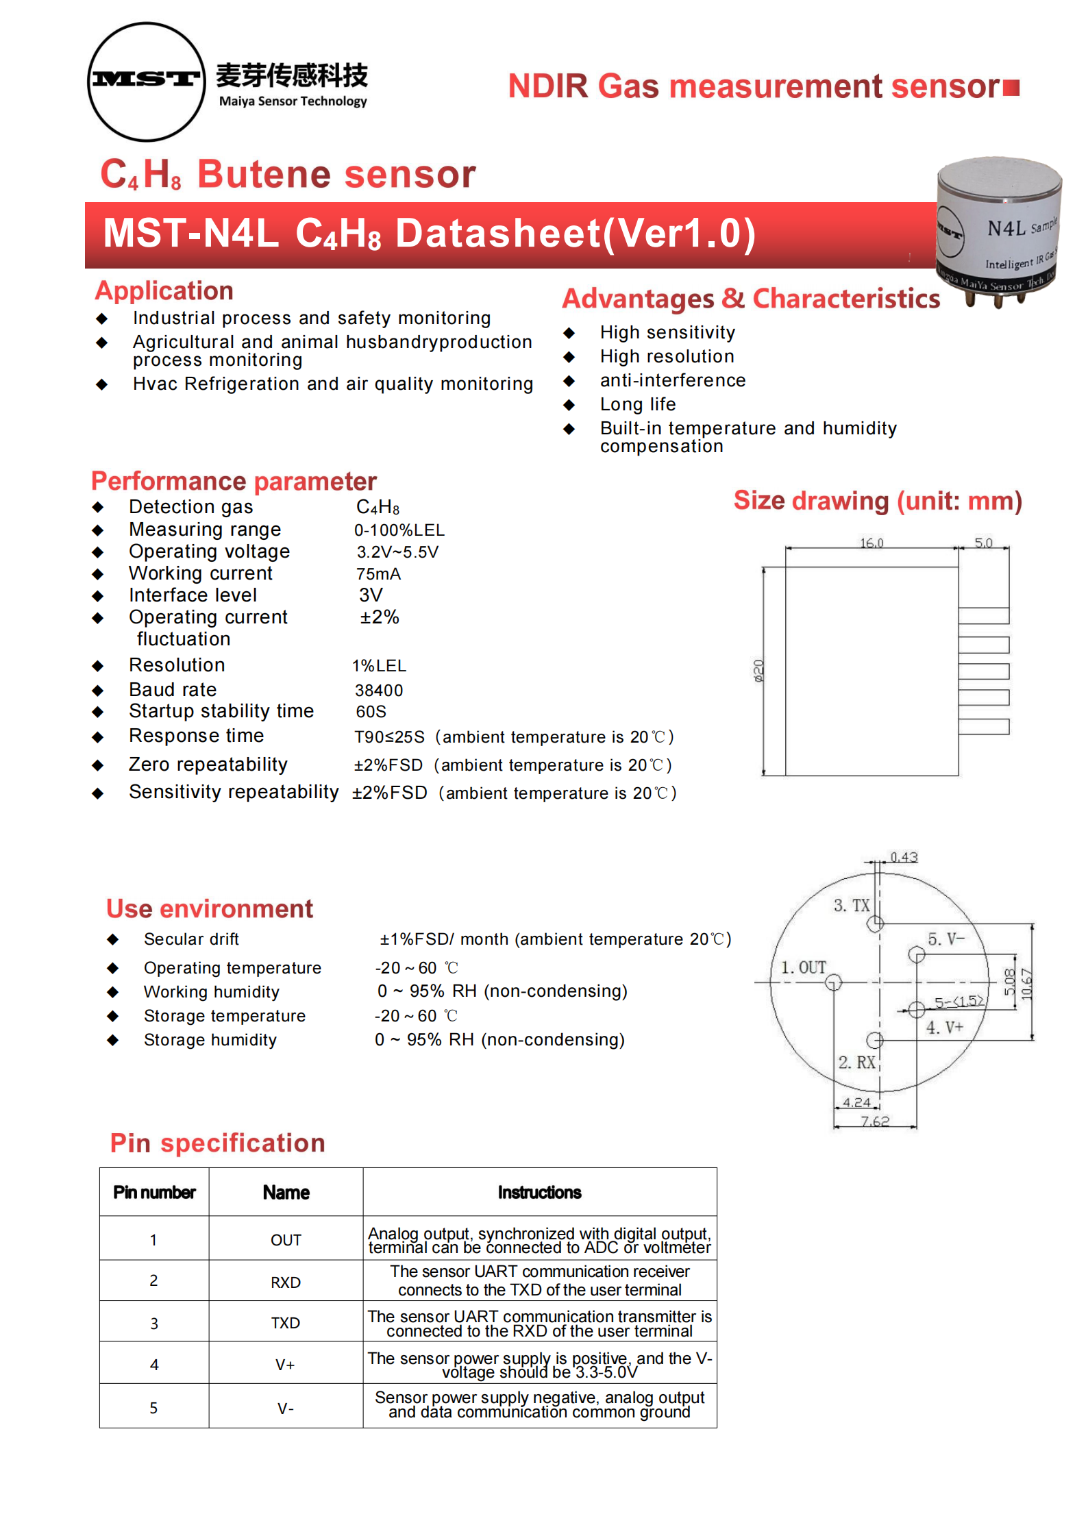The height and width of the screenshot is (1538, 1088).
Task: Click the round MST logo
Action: point(147,82)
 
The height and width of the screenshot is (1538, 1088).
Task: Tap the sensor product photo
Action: point(999,230)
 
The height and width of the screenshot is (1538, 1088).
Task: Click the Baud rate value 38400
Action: point(379,690)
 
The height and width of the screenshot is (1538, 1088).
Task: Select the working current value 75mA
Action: point(378,574)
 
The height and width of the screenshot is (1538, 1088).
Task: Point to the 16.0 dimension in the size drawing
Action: point(871,543)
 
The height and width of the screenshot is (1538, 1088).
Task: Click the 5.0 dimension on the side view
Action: point(983,543)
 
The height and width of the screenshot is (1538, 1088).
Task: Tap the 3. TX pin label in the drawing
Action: point(851,905)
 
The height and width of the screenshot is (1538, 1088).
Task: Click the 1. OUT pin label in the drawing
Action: point(804,967)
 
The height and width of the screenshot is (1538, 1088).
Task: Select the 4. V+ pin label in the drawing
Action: point(945,1028)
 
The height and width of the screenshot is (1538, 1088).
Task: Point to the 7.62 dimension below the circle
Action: point(875,1121)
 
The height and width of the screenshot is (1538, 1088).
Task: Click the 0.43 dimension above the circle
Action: point(904,857)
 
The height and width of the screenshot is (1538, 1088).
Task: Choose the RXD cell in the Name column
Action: point(286,1282)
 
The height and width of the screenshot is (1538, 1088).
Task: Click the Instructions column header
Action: point(539,1193)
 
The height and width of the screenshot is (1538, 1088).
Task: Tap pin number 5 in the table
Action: point(153,1408)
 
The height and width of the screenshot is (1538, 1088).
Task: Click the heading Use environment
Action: point(210,908)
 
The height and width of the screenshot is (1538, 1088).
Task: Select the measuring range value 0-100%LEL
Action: point(399,530)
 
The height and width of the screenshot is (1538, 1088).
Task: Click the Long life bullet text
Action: point(638,404)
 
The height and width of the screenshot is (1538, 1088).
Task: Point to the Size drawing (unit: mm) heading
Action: point(878,501)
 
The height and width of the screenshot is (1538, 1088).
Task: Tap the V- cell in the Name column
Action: point(286,1409)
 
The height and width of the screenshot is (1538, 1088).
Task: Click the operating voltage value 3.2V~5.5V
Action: point(397,552)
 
